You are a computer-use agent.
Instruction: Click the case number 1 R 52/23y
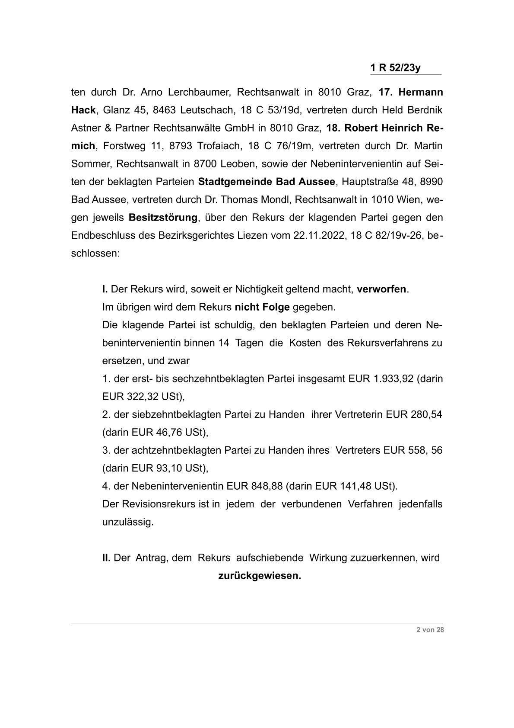395,68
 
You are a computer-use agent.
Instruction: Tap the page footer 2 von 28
430,630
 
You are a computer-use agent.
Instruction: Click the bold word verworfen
381,289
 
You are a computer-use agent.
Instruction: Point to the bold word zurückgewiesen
260,576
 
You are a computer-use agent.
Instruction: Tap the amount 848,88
267,486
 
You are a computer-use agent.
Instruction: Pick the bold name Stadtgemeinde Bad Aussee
267,182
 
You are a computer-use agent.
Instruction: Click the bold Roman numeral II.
106,558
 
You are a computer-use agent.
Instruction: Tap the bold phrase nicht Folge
262,308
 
